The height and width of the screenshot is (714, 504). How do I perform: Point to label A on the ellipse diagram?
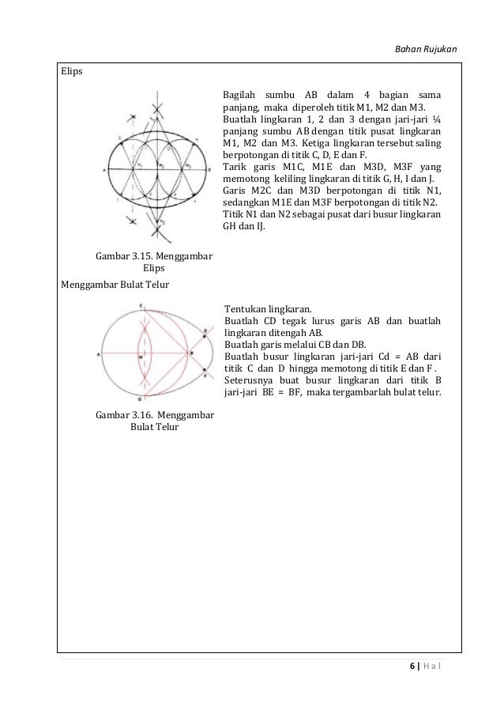(x=104, y=170)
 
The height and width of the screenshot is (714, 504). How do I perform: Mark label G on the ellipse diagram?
(x=119, y=137)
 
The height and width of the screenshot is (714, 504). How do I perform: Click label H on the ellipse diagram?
(x=197, y=138)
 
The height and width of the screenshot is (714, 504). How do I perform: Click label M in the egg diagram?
(x=140, y=357)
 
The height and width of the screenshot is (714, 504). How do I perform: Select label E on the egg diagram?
(x=206, y=331)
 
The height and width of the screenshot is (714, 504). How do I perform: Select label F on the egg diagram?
(x=206, y=377)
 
